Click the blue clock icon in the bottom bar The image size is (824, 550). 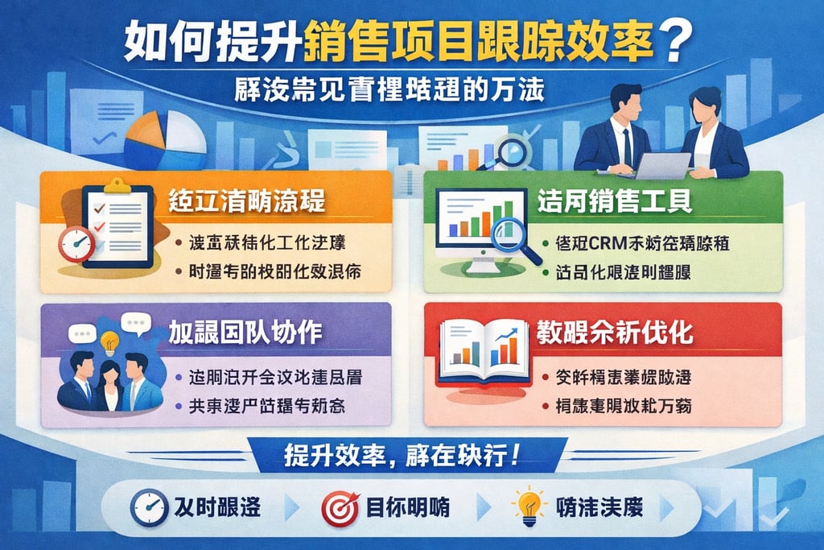[149, 508]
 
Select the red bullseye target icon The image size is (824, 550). [340, 508]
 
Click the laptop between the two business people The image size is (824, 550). [662, 166]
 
